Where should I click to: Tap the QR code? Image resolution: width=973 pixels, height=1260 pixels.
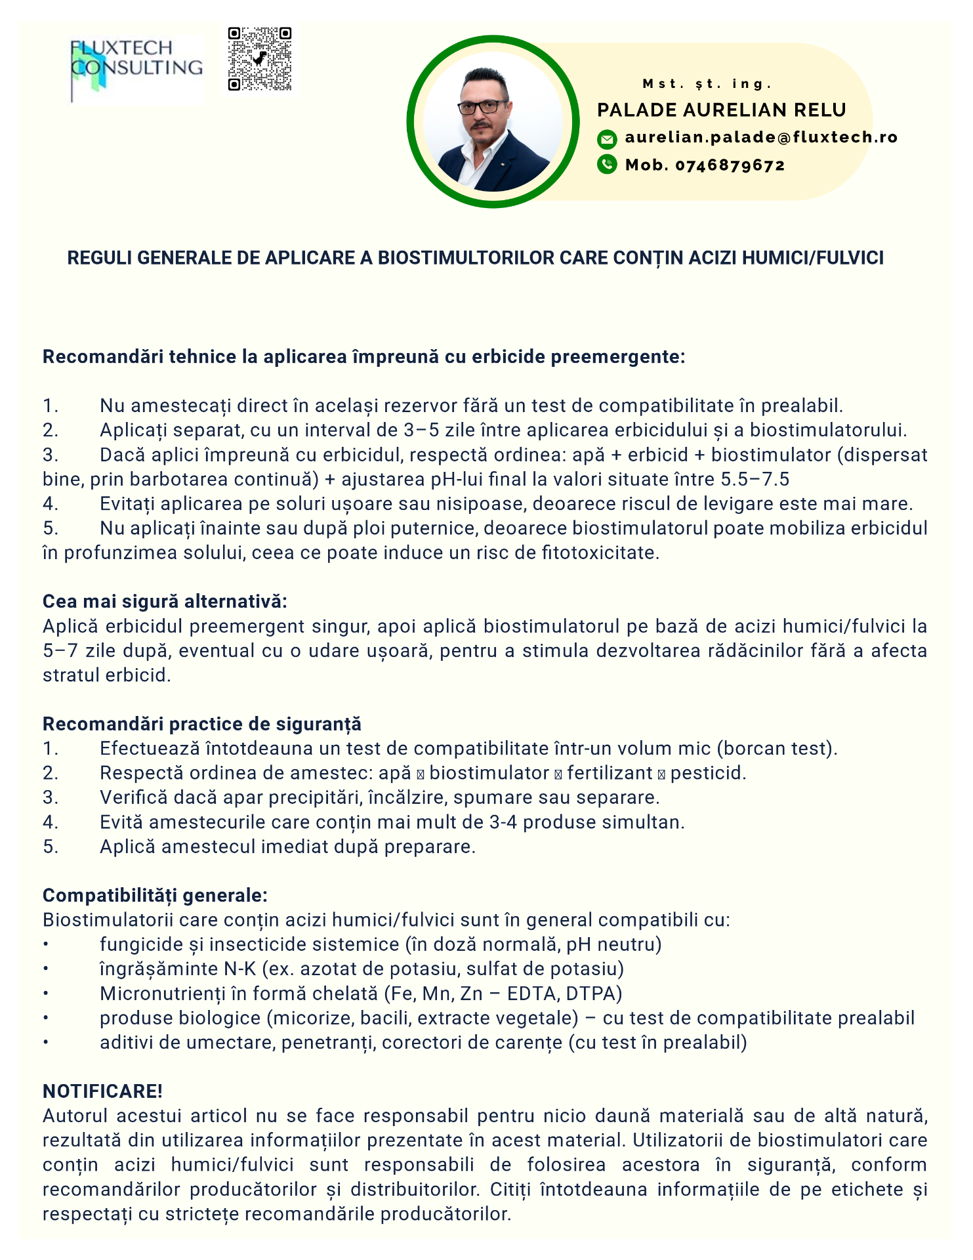pyautogui.click(x=260, y=59)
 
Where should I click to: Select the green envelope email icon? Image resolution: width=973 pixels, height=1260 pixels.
pyautogui.click(x=607, y=138)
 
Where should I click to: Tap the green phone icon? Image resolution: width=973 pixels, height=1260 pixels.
pyautogui.click(x=607, y=164)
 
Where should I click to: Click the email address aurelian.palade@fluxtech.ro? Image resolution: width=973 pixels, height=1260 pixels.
pyautogui.click(x=761, y=137)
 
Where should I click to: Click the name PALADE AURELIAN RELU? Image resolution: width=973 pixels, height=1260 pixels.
pyautogui.click(x=721, y=110)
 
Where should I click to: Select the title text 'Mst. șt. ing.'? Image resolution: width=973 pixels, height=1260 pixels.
pyautogui.click(x=707, y=84)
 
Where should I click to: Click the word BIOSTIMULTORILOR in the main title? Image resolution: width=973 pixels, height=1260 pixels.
pyautogui.click(x=466, y=258)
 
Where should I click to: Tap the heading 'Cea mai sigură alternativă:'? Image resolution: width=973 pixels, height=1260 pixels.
pyautogui.click(x=165, y=601)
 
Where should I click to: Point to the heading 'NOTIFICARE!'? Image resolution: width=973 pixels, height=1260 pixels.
pyautogui.click(x=102, y=1091)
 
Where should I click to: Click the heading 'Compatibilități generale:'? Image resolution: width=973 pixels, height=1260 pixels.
pyautogui.click(x=155, y=895)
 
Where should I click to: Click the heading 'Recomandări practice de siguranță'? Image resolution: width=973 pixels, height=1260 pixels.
pyautogui.click(x=202, y=724)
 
